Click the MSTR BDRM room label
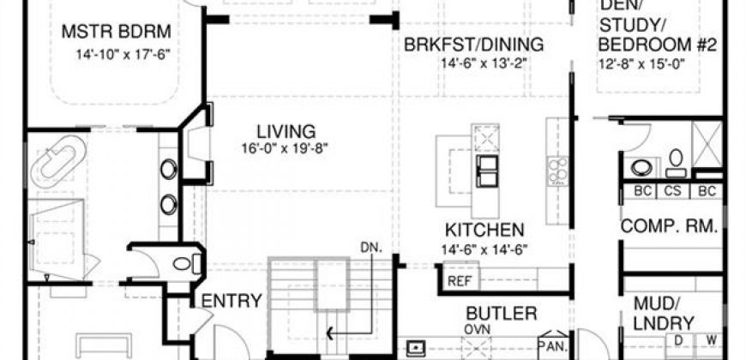(x=116, y=32)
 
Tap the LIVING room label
(x=286, y=131)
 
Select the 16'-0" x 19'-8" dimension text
(x=285, y=149)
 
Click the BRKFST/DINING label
(x=473, y=45)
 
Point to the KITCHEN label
(x=484, y=231)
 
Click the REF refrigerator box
(x=460, y=281)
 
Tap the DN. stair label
(x=372, y=247)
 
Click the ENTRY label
(x=232, y=301)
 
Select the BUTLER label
(x=502, y=314)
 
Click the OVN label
(x=478, y=329)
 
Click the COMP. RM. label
(x=669, y=226)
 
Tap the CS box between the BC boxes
(x=674, y=191)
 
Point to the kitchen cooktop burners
(x=557, y=171)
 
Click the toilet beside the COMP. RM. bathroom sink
(x=676, y=163)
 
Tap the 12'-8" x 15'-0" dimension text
(x=641, y=64)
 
